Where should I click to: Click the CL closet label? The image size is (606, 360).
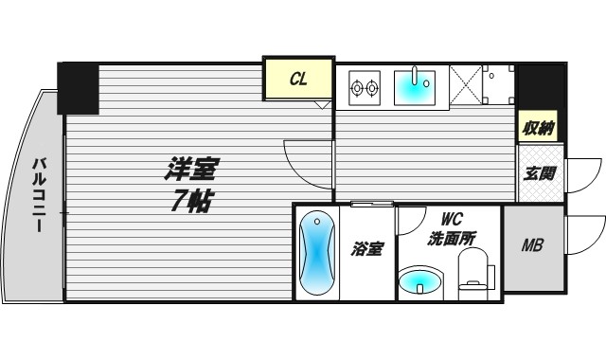[x=297, y=81]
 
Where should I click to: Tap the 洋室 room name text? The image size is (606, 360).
[x=192, y=171]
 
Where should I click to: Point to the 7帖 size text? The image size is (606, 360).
[x=192, y=200]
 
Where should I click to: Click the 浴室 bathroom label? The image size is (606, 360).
[x=367, y=249]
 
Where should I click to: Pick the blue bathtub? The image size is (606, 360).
[x=316, y=254]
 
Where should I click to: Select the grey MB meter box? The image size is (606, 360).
[x=532, y=246]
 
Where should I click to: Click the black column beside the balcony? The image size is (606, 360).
[x=78, y=87]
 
